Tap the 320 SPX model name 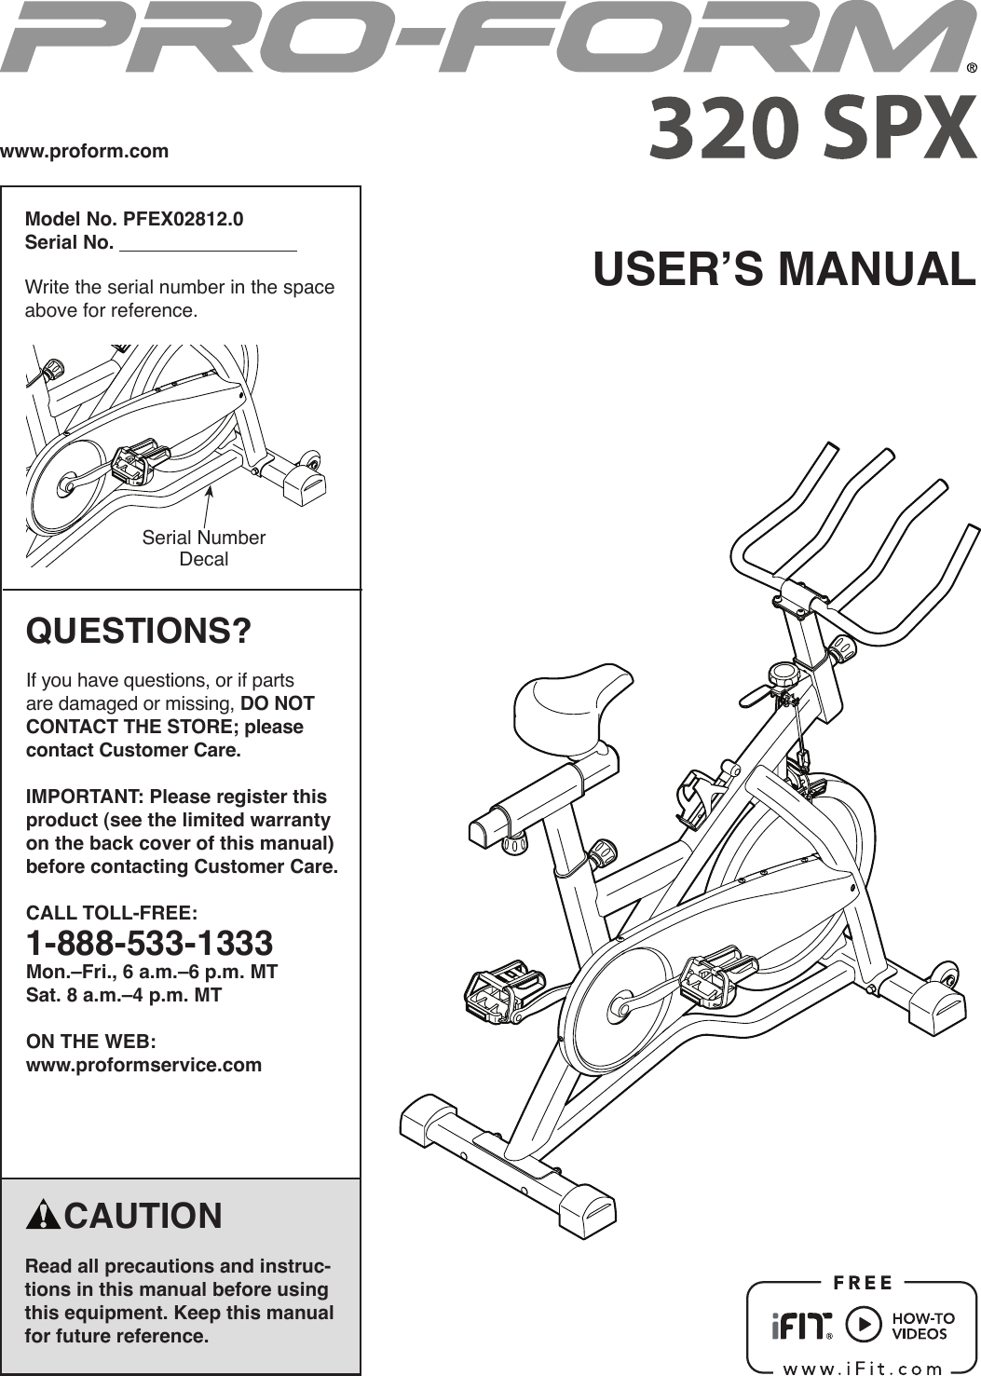[x=812, y=129]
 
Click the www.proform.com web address [x=85, y=151]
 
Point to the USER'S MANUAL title [x=783, y=268]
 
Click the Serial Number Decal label [x=203, y=548]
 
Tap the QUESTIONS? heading [x=139, y=631]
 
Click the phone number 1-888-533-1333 [x=149, y=943]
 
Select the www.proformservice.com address [x=143, y=1065]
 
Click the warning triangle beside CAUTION [x=44, y=1216]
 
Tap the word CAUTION [x=143, y=1216]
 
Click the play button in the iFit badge [x=864, y=1325]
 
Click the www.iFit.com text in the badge [x=863, y=1368]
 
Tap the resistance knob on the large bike [x=783, y=673]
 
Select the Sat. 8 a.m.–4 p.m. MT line [x=124, y=995]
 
